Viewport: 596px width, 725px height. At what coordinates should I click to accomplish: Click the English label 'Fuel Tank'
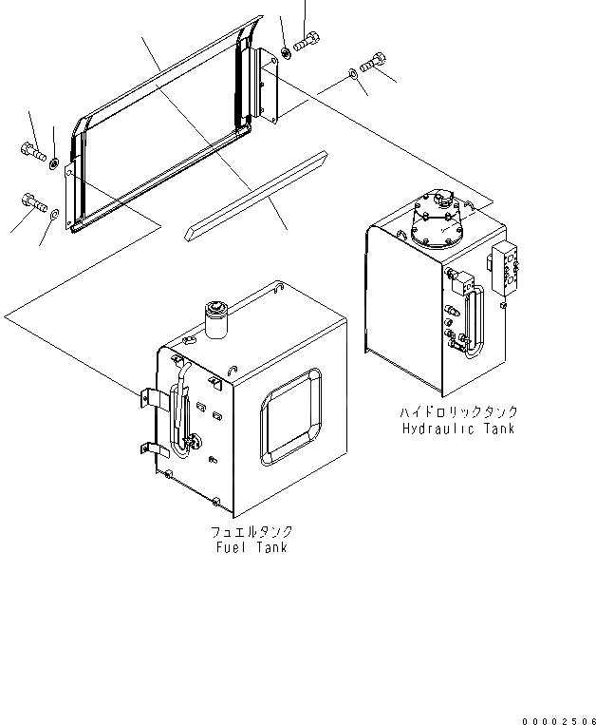pyautogui.click(x=251, y=547)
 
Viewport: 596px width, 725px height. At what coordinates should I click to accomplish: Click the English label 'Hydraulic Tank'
pyautogui.click(x=456, y=428)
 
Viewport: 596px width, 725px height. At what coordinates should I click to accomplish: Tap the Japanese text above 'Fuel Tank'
pyautogui.click(x=251, y=532)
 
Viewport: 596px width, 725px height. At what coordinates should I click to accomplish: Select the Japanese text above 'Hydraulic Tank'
pyautogui.click(x=456, y=412)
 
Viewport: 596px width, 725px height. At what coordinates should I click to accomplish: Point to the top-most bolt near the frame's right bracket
pyautogui.click(x=305, y=41)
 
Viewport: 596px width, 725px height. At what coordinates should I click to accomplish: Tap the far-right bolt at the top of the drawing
pyautogui.click(x=375, y=62)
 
